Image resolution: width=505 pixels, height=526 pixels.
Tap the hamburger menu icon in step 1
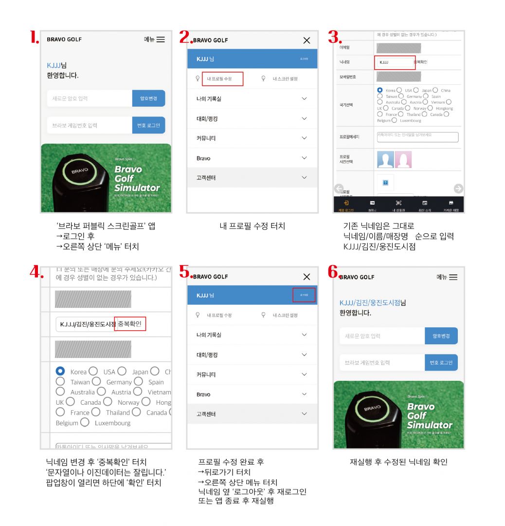click(x=160, y=39)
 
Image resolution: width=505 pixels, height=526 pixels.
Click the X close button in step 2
click(x=307, y=40)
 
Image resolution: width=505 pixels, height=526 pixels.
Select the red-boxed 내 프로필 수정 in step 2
click(x=222, y=78)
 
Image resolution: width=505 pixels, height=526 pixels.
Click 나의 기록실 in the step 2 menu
click(x=209, y=99)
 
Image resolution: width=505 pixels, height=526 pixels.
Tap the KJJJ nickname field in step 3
click(x=393, y=62)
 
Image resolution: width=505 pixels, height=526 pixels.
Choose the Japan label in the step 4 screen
click(x=140, y=372)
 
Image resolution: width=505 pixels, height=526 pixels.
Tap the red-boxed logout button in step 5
click(x=304, y=295)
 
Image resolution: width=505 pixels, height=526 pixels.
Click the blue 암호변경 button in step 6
click(x=441, y=336)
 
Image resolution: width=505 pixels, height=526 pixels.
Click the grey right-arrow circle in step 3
click(x=458, y=188)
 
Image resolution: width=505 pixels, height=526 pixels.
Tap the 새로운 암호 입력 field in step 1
click(x=90, y=98)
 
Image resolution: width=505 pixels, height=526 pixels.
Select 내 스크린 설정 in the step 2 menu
click(x=285, y=78)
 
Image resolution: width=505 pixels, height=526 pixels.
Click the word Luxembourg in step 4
click(x=112, y=423)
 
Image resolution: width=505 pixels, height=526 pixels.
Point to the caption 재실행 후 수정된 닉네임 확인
click(x=398, y=462)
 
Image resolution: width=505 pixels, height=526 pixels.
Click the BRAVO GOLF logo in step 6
click(x=357, y=277)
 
